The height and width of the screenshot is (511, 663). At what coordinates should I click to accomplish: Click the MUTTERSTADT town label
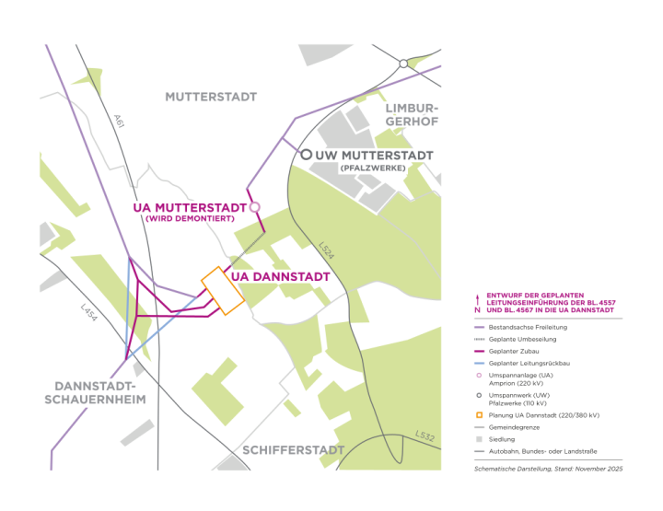(x=211, y=97)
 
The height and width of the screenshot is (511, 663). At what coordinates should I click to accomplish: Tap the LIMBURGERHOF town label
(x=410, y=115)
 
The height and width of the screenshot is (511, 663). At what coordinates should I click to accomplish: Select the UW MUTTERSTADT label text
(x=374, y=156)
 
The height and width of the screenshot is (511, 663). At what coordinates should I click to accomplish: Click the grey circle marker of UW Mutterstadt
(x=306, y=155)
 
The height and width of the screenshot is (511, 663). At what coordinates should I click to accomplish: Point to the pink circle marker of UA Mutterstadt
(x=256, y=206)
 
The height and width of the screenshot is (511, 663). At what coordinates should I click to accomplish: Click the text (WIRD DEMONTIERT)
(x=190, y=219)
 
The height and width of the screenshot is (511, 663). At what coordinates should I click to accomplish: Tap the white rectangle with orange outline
(x=222, y=291)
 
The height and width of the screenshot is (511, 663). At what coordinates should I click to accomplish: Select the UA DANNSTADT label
(x=280, y=275)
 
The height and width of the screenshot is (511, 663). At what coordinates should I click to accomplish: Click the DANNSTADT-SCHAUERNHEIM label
(x=94, y=393)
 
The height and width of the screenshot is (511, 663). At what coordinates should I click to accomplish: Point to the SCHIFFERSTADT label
(x=293, y=450)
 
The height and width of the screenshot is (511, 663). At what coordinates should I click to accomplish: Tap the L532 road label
(x=424, y=436)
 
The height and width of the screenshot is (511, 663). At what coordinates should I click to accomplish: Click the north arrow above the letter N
(x=476, y=297)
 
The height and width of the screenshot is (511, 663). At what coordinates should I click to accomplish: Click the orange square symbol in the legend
(x=478, y=415)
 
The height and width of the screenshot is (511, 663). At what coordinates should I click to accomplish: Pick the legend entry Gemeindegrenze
(x=516, y=427)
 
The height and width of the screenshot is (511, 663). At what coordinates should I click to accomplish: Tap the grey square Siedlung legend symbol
(x=478, y=439)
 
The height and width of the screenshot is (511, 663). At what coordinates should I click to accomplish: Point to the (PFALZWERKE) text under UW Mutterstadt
(x=372, y=168)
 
